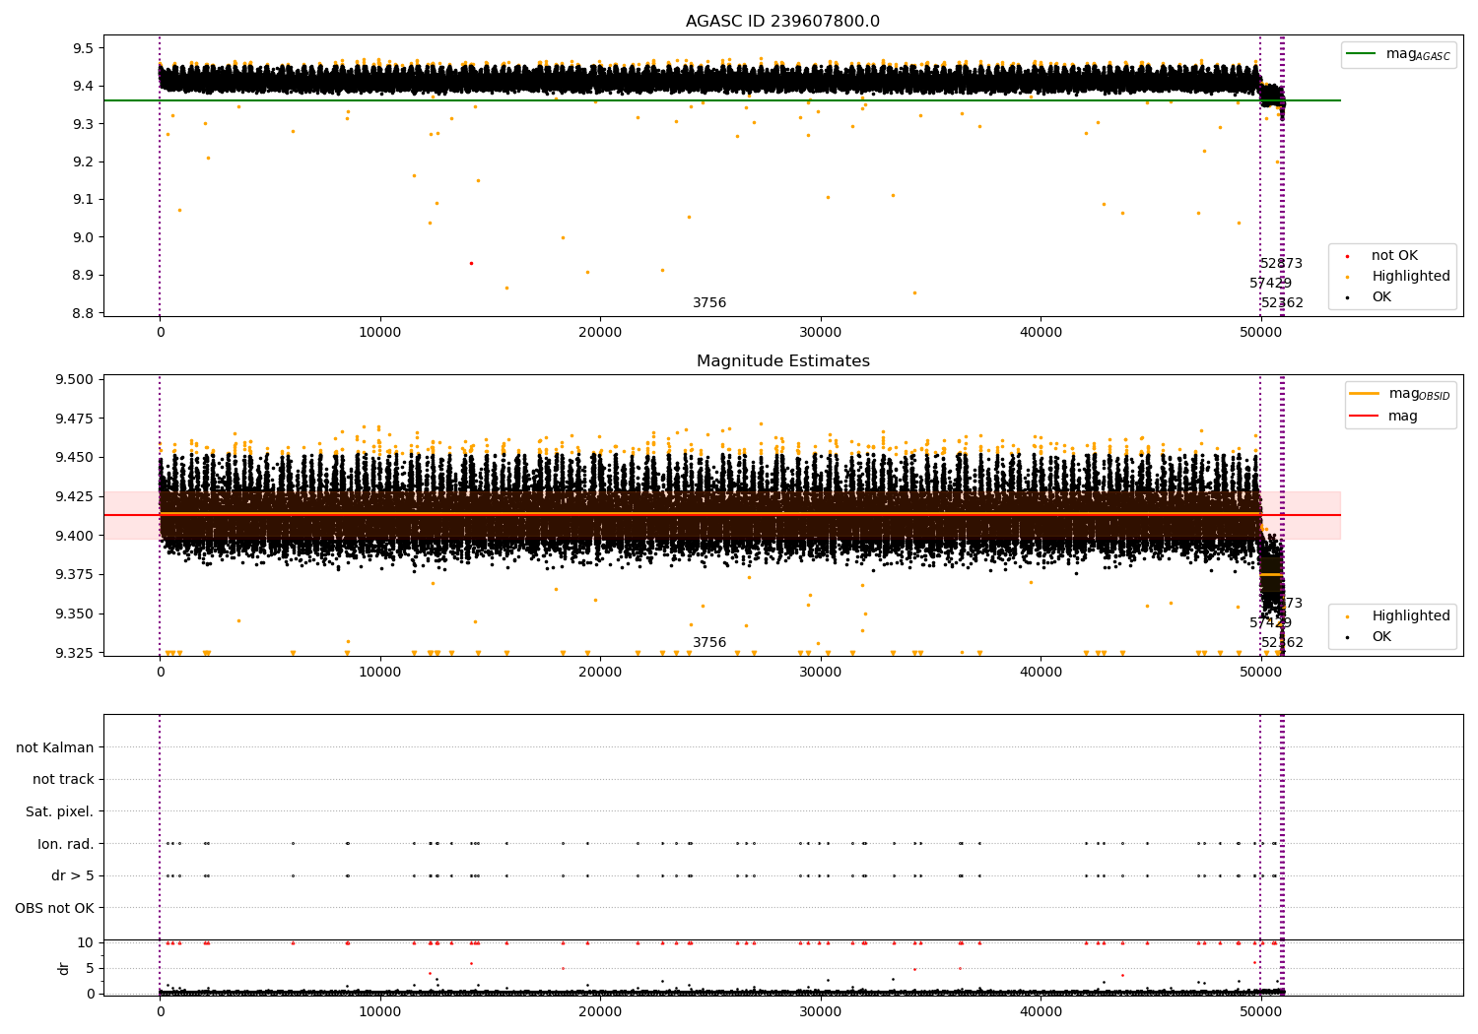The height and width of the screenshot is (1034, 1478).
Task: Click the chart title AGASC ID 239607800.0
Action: click(x=782, y=22)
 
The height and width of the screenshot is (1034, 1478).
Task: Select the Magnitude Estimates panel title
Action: click(x=782, y=361)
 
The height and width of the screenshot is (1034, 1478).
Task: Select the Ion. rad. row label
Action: click(x=65, y=844)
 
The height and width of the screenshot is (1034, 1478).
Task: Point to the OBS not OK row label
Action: click(x=54, y=908)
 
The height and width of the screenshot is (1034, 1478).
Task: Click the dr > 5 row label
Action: click(x=72, y=876)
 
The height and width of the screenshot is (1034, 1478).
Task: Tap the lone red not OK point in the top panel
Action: click(x=471, y=263)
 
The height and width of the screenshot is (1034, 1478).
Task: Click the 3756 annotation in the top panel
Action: click(x=709, y=303)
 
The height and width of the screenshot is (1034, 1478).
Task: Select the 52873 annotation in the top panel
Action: click(x=1281, y=264)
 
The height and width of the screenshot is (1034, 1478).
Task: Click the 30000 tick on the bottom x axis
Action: click(x=821, y=1012)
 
